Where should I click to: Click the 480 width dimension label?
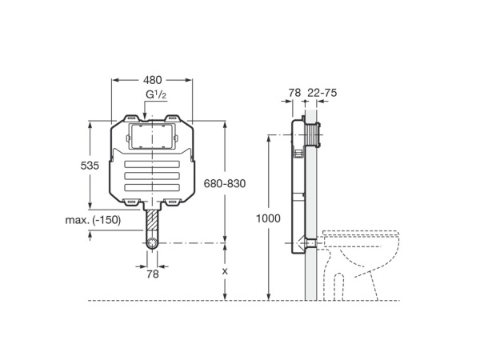pyautogui.click(x=152, y=80)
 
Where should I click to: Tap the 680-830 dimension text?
pyautogui.click(x=224, y=183)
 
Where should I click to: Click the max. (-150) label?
pyautogui.click(x=93, y=219)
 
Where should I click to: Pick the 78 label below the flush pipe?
pyautogui.click(x=152, y=274)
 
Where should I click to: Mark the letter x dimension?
pyautogui.click(x=225, y=271)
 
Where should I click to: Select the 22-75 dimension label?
pyautogui.click(x=322, y=93)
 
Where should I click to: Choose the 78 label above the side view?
pyautogui.click(x=294, y=93)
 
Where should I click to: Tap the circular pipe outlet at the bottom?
pyautogui.click(x=152, y=242)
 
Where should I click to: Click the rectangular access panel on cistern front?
pyautogui.click(x=152, y=136)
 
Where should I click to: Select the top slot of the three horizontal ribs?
pyautogui.click(x=152, y=166)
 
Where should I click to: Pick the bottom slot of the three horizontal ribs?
pyautogui.click(x=152, y=187)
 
